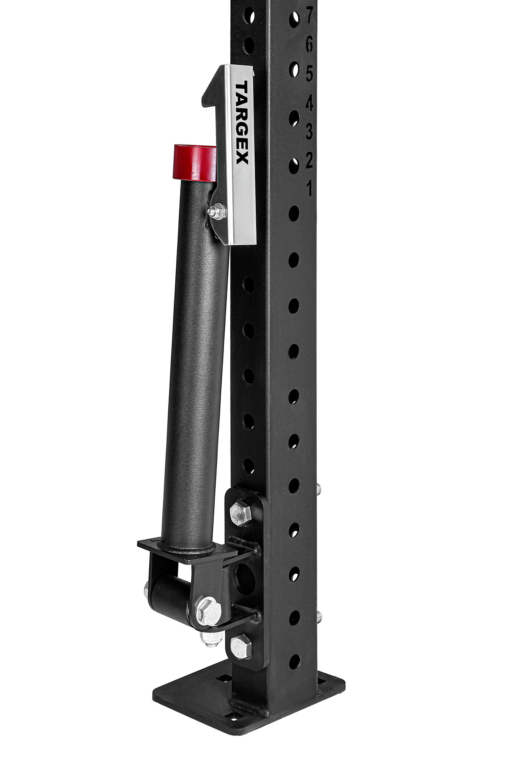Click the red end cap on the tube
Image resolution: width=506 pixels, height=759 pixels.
(x=195, y=163)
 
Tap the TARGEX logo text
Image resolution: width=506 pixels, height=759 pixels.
(x=242, y=123)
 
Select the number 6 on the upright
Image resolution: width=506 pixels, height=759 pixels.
(x=309, y=45)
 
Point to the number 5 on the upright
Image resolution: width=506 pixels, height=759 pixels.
(x=309, y=73)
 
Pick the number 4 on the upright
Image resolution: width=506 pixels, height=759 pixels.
(x=309, y=102)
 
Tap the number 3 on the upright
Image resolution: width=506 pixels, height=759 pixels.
(x=309, y=132)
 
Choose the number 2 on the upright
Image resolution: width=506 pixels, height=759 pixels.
(x=309, y=160)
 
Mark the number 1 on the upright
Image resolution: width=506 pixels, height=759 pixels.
(x=310, y=189)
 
